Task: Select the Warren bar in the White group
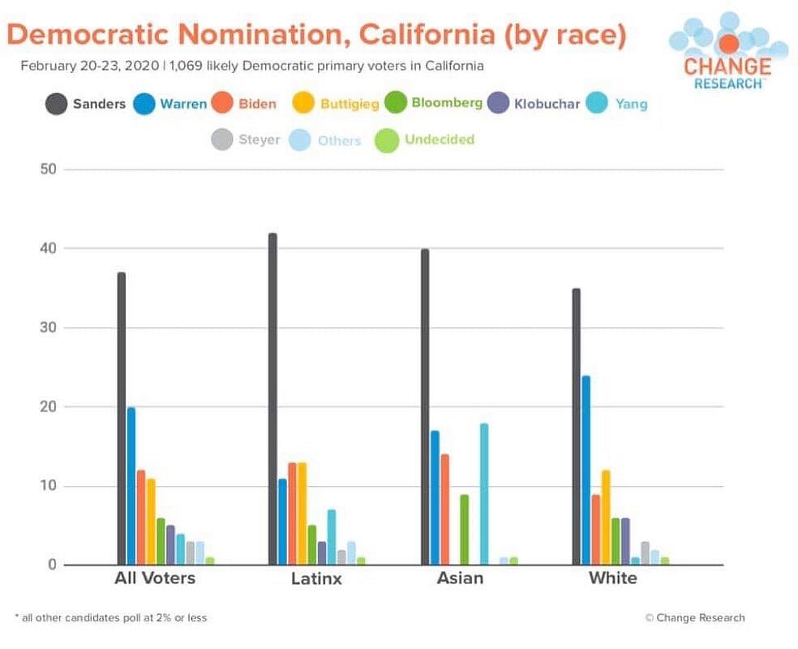click(586, 471)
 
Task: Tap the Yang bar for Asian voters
click(484, 494)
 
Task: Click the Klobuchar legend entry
click(535, 103)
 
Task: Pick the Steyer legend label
click(259, 140)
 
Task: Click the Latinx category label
click(316, 579)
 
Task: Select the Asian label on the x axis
click(460, 578)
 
